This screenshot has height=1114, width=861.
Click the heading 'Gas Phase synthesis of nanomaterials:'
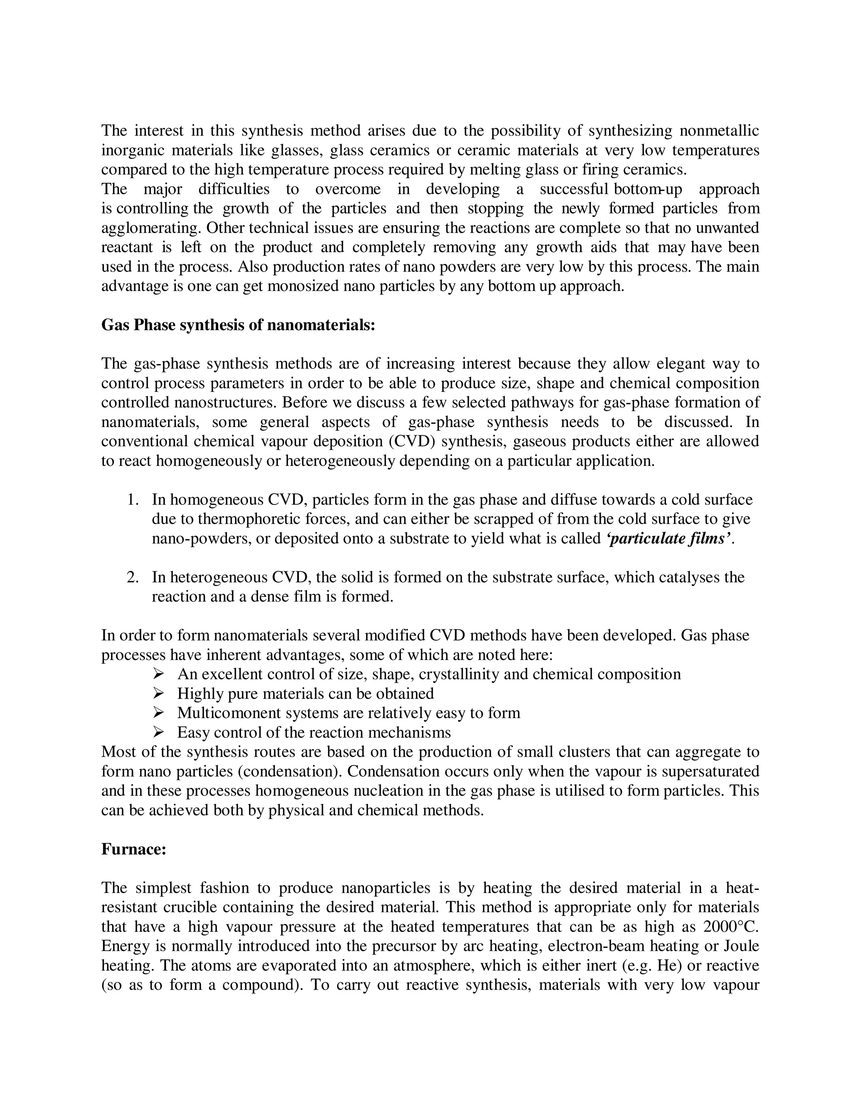click(238, 325)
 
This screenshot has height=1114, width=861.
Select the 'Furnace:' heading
click(134, 849)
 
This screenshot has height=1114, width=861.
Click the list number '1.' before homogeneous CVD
click(132, 499)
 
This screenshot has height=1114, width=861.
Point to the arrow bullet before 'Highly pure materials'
click(158, 694)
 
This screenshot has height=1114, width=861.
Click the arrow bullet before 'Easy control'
click(158, 732)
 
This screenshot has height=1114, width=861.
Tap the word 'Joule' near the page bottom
click(741, 946)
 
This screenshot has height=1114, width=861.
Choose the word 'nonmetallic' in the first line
click(719, 131)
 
